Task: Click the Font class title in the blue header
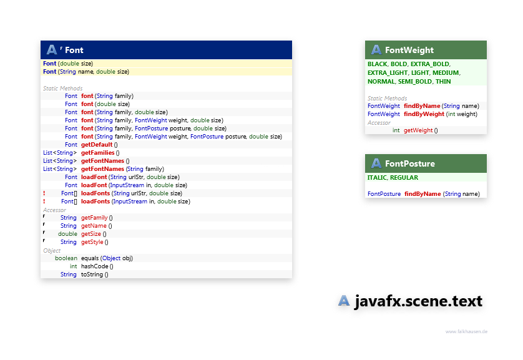[74, 50]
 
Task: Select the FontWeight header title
[409, 50]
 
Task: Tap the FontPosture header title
[410, 163]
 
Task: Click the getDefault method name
[97, 145]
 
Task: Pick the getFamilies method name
[98, 153]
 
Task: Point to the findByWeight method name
[424, 114]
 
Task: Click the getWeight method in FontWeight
[418, 130]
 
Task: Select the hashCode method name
[95, 266]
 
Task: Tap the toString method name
[92, 275]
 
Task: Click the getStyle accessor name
[92, 242]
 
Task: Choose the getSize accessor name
[91, 234]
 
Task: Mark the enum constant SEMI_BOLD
[415, 82]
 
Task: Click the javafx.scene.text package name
[419, 301]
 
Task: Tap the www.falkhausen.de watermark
[466, 331]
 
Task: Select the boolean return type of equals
[66, 258]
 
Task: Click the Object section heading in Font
[52, 251]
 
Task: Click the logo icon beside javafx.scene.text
[344, 301]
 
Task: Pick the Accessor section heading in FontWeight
[379, 123]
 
